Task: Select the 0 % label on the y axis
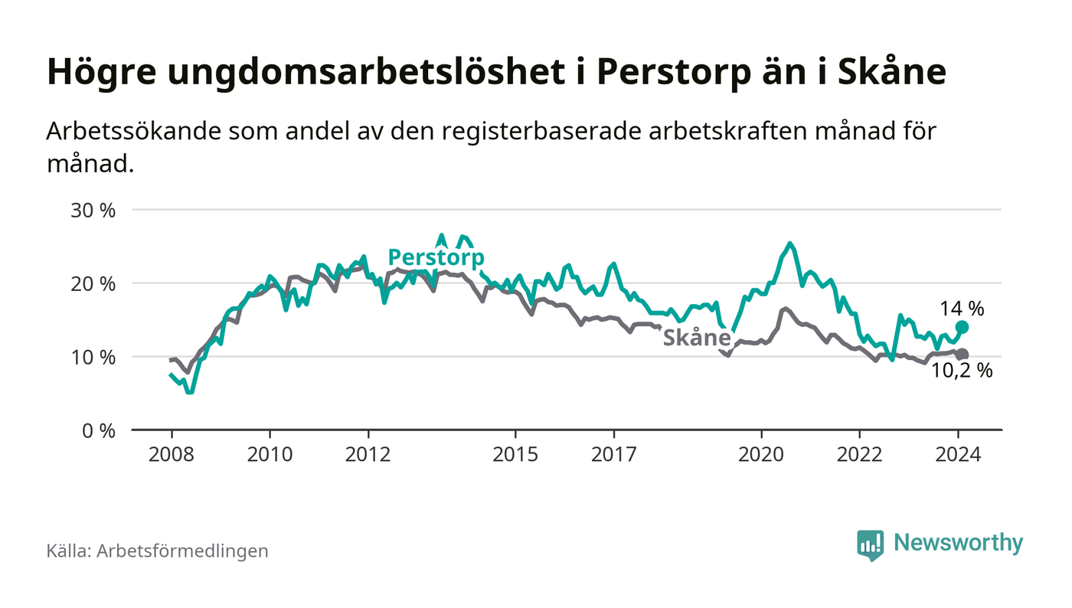[x=100, y=430]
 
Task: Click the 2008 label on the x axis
[x=172, y=454]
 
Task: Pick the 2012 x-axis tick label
[x=368, y=454]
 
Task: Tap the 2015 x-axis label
[x=516, y=454]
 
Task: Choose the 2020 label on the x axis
[x=762, y=454]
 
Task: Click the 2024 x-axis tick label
[x=959, y=454]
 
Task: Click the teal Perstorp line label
[x=436, y=257]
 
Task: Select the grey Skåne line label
[x=696, y=338]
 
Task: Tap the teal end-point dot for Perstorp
[x=963, y=327]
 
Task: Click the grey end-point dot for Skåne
[x=963, y=355]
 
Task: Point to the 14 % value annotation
[x=963, y=309]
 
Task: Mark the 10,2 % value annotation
[x=963, y=371]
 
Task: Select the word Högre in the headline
[x=95, y=72]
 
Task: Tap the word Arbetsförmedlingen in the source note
[x=182, y=551]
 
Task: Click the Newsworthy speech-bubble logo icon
[x=870, y=544]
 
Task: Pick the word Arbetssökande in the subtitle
[x=133, y=131]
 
